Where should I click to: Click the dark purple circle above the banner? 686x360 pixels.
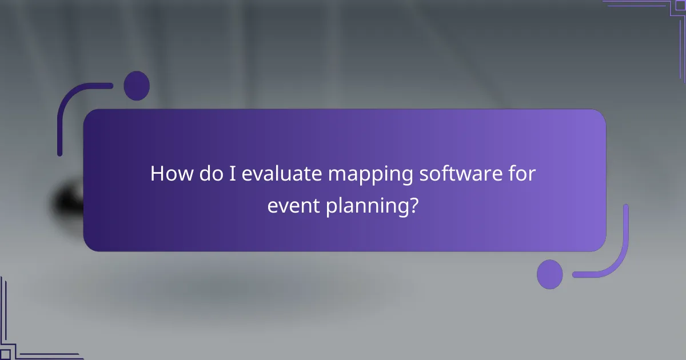click(137, 86)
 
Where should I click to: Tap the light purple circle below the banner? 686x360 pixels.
click(549, 274)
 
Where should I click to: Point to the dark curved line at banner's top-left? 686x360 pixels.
click(69, 109)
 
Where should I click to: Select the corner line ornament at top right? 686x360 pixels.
click(657, 17)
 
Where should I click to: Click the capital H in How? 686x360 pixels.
click(157, 174)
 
